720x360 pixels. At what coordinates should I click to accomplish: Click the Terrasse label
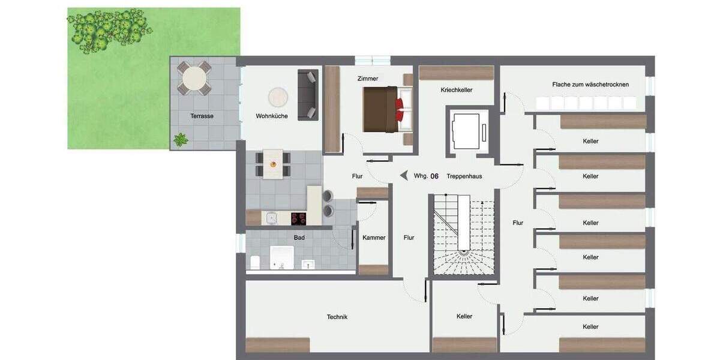(202, 116)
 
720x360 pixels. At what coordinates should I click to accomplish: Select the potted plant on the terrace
(180, 140)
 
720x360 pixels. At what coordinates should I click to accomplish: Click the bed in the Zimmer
(387, 109)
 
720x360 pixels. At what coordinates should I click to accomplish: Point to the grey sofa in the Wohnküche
(308, 95)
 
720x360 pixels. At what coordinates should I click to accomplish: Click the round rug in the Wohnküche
(278, 97)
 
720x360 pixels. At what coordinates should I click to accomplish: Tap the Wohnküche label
(271, 116)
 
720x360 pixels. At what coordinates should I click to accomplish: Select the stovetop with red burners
(298, 218)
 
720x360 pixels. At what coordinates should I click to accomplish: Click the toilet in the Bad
(254, 263)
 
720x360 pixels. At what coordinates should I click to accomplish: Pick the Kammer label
(374, 238)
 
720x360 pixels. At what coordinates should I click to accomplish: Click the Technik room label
(337, 317)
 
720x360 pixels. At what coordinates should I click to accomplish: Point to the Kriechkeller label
(456, 90)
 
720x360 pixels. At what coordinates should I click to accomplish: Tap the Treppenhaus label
(464, 176)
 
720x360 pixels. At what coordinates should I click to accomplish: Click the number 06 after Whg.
(434, 176)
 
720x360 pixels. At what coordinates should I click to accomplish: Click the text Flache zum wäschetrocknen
(590, 85)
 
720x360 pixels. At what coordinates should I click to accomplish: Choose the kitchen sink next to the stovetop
(270, 218)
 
